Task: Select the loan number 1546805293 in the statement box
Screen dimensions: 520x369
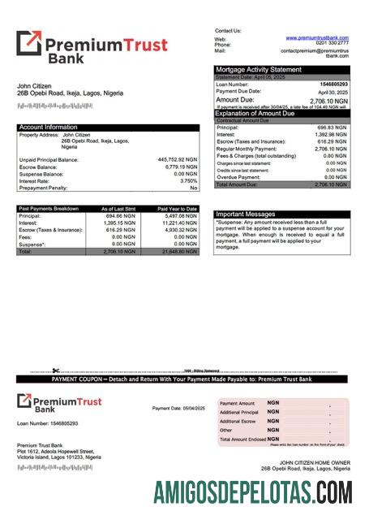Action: coord(333,84)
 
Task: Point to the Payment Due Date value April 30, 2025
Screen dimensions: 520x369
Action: coord(334,92)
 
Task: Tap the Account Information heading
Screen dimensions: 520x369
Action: coord(49,127)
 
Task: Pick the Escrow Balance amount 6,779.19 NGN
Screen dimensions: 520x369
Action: coord(178,167)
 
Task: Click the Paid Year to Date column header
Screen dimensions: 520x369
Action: coord(178,209)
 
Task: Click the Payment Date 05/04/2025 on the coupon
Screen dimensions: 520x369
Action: coord(178,408)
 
